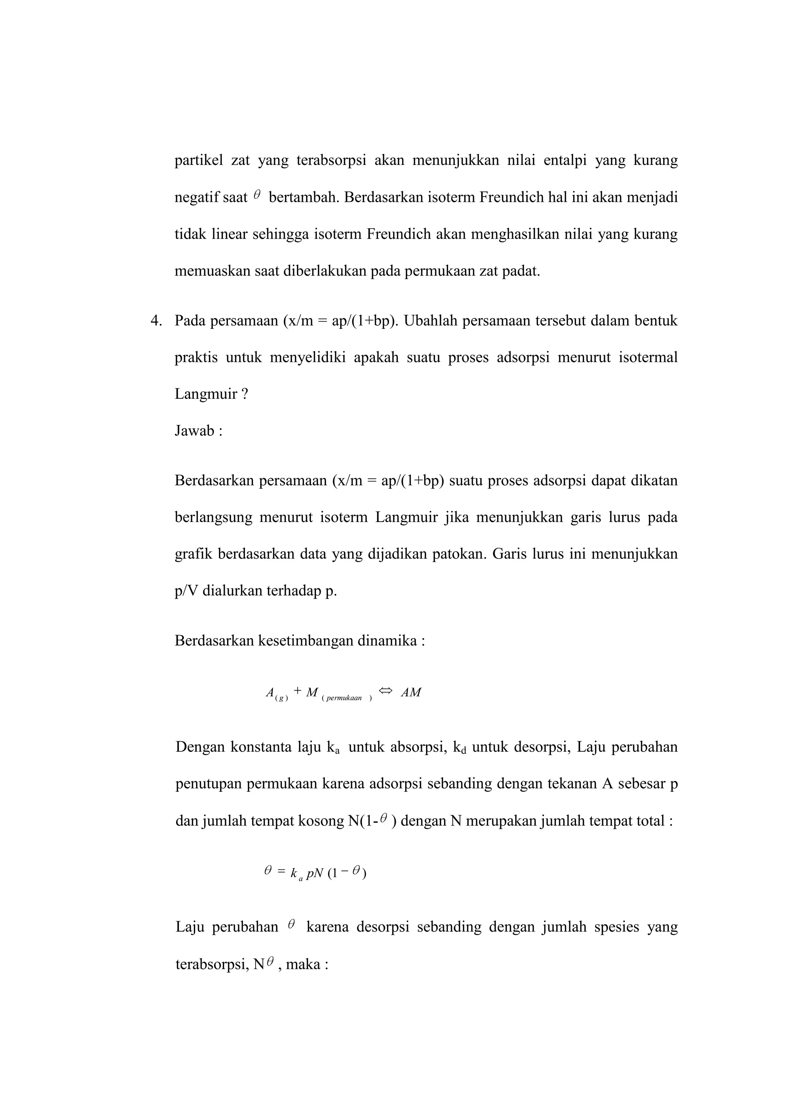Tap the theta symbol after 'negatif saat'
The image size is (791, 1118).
[x=257, y=195]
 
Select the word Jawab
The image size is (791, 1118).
[x=195, y=431]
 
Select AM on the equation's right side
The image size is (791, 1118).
[x=411, y=693]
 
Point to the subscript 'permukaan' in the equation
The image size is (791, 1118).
[x=344, y=698]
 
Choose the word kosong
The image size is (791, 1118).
[x=321, y=821]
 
